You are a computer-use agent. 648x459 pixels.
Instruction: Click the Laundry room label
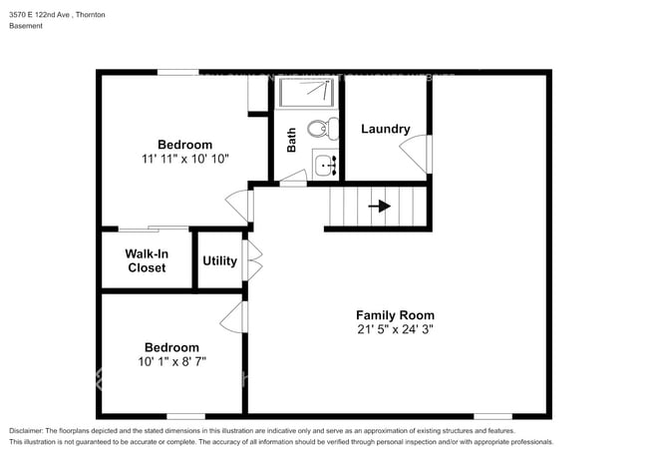[386, 129]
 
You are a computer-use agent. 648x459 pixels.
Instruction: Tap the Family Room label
[396, 315]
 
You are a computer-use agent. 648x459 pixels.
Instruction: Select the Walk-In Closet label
[146, 260]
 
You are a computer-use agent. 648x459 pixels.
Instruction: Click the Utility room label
[219, 261]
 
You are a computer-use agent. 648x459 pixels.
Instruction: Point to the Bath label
[292, 140]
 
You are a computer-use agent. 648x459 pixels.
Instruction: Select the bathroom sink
[324, 164]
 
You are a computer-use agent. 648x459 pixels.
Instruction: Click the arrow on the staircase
[379, 207]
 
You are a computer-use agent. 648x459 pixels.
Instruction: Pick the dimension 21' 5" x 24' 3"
[396, 329]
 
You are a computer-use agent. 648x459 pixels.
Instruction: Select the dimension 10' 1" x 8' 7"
[171, 361]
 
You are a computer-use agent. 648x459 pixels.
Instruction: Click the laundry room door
[417, 152]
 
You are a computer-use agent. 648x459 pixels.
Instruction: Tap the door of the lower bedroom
[234, 318]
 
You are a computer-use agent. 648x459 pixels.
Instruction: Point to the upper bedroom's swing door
[238, 205]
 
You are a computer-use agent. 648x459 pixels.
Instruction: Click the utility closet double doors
[252, 261]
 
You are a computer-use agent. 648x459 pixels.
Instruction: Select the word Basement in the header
[26, 26]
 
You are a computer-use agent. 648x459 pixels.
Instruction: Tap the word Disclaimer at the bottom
[30, 431]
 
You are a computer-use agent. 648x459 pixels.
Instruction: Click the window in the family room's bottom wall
[492, 415]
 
